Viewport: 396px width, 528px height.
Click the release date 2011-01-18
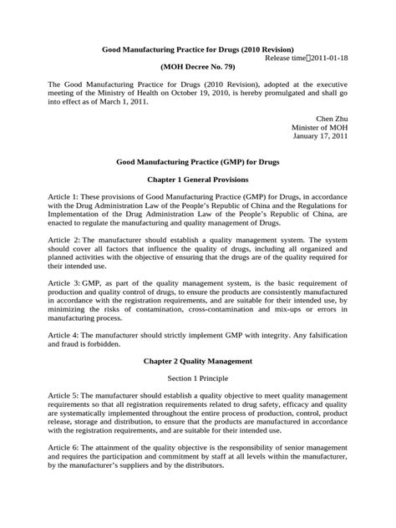[x=327, y=61]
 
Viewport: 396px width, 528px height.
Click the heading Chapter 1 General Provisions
[x=197, y=180]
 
